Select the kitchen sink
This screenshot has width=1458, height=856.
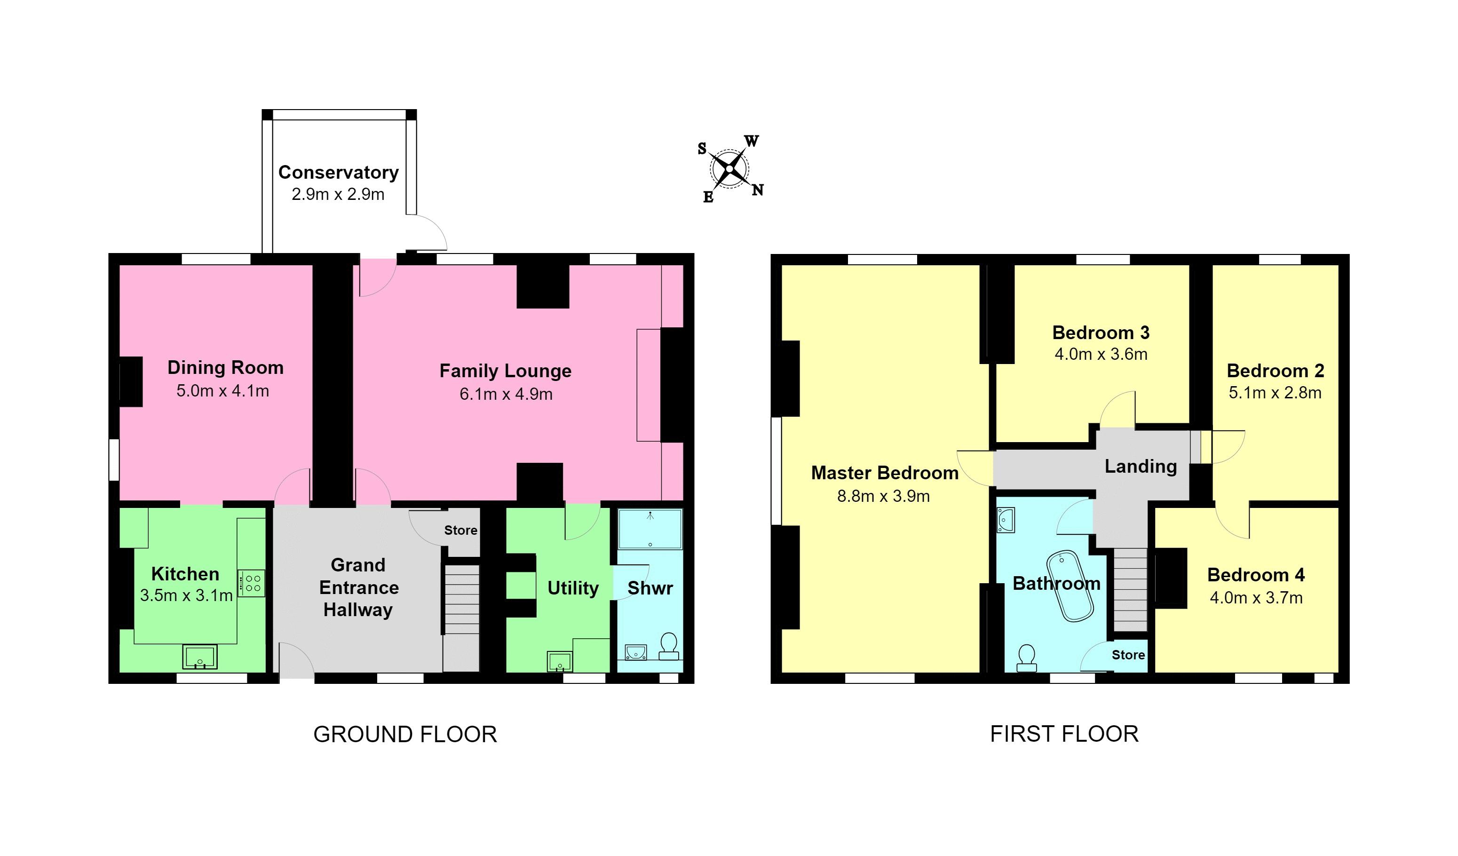pos(199,656)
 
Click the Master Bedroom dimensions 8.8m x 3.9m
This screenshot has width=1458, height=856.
pos(883,496)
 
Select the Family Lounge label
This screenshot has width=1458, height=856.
pos(505,371)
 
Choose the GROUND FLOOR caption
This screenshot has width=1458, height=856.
pos(405,734)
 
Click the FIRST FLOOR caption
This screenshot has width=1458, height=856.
pos(1064,733)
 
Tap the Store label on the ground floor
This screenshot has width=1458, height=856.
pos(460,530)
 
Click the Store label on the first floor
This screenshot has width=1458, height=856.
pos(1128,655)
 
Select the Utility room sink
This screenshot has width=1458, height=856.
pos(560,662)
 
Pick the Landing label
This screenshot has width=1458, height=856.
pos(1141,466)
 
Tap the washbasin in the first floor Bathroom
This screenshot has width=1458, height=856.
pos(1006,520)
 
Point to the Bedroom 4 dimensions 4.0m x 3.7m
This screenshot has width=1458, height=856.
pos(1256,597)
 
